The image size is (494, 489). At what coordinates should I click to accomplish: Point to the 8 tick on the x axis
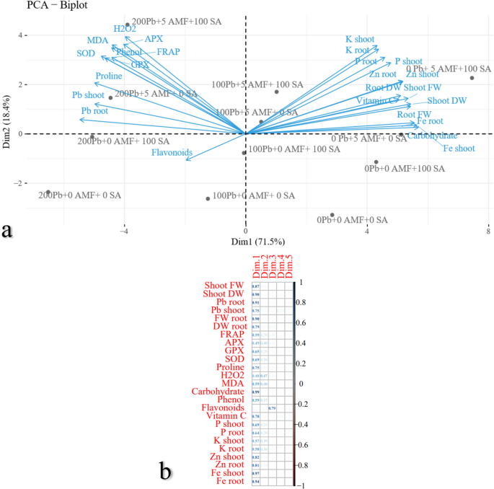tap(488, 231)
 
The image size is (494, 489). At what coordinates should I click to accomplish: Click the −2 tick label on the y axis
tap(20, 183)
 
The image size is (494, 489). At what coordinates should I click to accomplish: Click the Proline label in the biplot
tap(109, 76)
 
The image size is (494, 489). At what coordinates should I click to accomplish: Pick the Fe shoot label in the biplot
tap(458, 148)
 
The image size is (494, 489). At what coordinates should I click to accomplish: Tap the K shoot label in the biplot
tap(361, 38)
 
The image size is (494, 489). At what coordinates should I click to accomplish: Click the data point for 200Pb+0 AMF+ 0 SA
tap(48, 193)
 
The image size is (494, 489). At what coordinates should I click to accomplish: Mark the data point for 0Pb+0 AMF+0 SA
tap(332, 215)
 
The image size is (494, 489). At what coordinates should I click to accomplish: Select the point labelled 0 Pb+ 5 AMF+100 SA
tap(472, 78)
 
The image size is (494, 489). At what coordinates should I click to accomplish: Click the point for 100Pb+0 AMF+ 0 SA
tap(208, 198)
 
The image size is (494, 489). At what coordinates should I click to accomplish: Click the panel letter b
tap(166, 471)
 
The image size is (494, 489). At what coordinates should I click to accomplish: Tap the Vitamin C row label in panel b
tap(226, 416)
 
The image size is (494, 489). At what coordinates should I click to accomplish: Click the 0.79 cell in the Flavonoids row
tap(272, 408)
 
